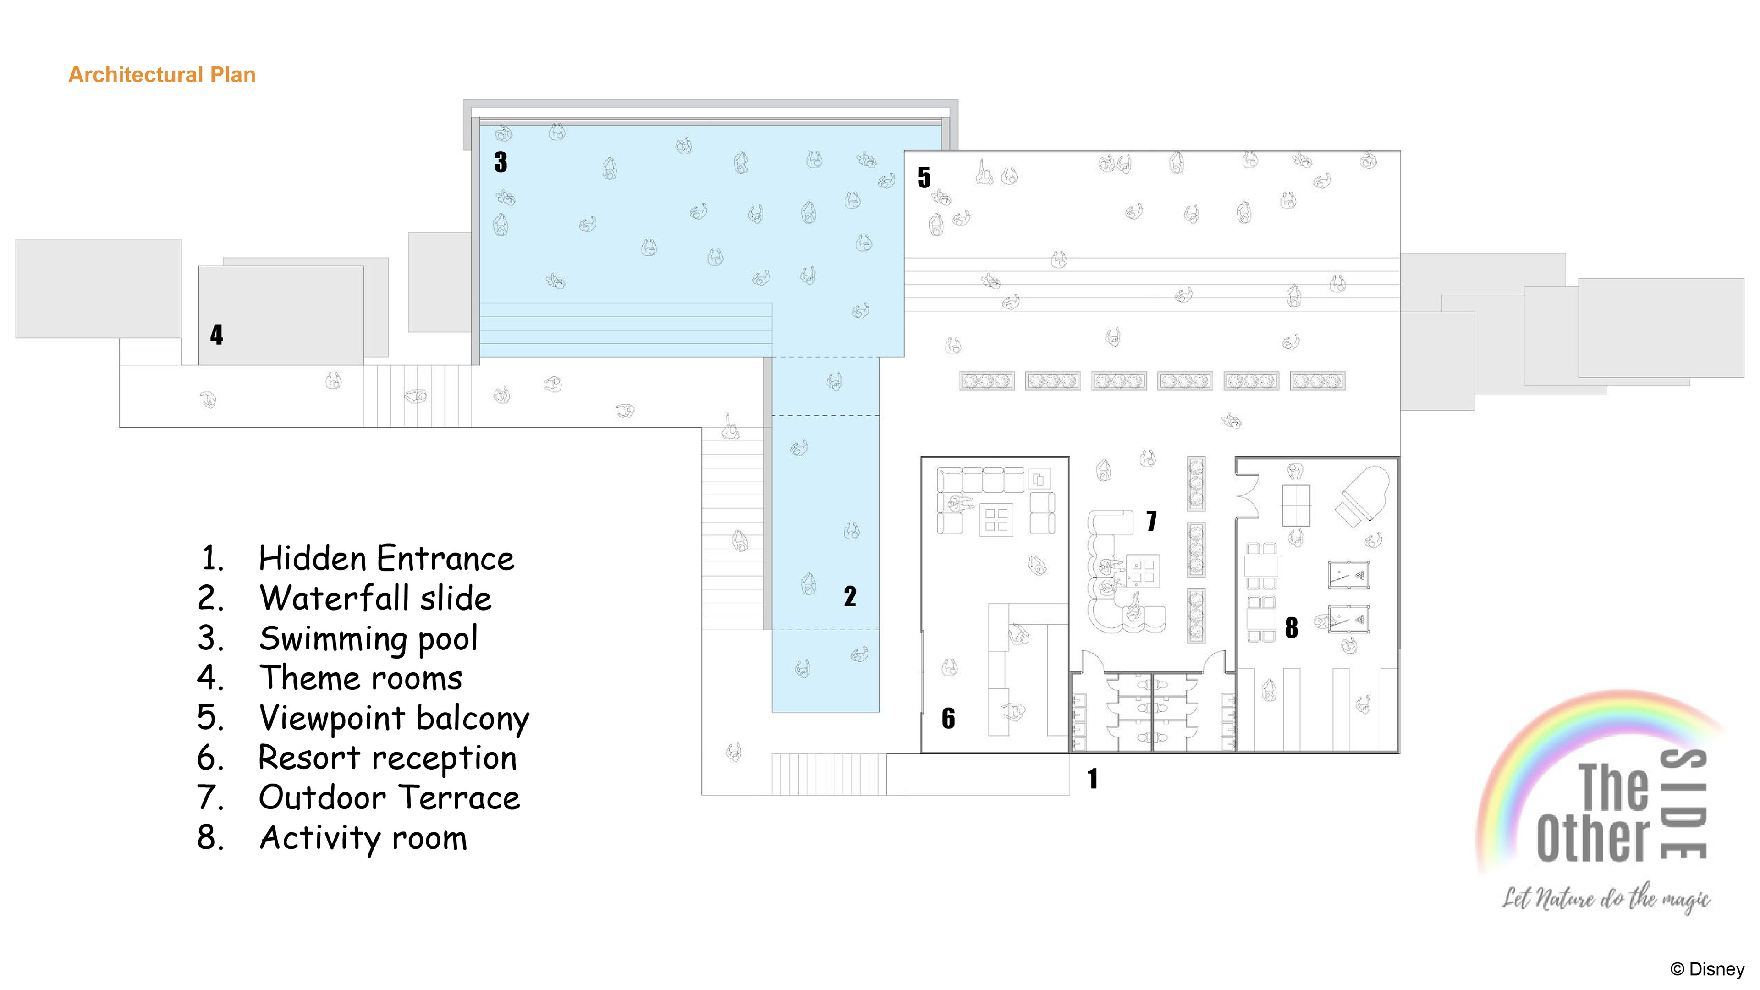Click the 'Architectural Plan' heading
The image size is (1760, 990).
(162, 74)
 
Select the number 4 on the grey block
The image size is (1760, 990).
(217, 335)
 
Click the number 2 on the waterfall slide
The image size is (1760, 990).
(850, 596)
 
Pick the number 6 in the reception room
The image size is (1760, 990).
(948, 718)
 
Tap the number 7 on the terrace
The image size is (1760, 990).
(1152, 521)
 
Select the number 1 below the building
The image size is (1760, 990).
(1093, 779)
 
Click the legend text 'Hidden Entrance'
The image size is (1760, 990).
(386, 559)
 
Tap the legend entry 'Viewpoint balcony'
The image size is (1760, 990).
(394, 719)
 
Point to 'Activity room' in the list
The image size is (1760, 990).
(363, 838)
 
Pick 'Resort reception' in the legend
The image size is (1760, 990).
(387, 759)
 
